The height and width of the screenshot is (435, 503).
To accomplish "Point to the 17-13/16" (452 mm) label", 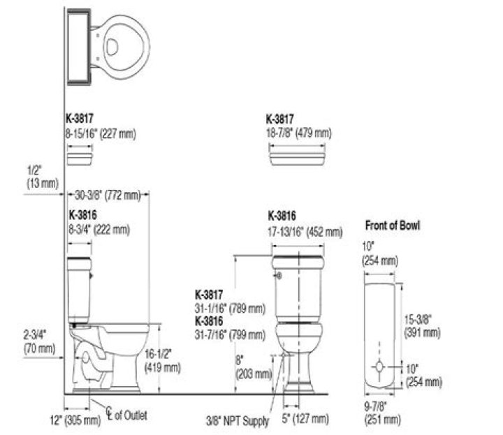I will pyautogui.click(x=305, y=231).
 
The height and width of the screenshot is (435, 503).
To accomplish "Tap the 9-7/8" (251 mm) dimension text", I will pyautogui.click(x=382, y=414).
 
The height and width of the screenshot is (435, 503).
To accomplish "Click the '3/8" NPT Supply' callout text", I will pyautogui.click(x=238, y=422).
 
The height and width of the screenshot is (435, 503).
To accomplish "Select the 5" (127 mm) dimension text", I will pyautogui.click(x=306, y=419).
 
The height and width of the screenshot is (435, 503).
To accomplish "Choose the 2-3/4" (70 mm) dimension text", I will pyautogui.click(x=39, y=342).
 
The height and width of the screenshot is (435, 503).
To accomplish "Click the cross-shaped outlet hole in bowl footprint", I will pyautogui.click(x=379, y=367).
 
